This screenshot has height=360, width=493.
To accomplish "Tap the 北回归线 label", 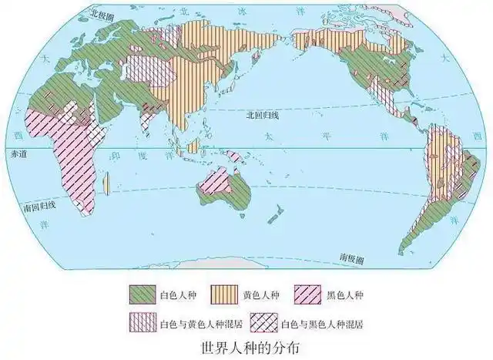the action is [x=257, y=114].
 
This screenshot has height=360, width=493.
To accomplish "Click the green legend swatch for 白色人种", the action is [x=143, y=294].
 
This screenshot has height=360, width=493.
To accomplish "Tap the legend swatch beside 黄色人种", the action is [x=226, y=294].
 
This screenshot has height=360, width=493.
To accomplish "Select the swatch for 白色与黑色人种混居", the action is [x=266, y=321].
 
